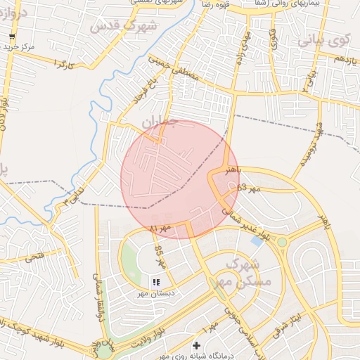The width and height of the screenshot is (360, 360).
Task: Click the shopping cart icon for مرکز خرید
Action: pos(11,36)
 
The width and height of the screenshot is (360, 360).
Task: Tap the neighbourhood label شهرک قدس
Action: pos(116,27)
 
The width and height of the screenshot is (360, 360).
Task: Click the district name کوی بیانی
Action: pos(323,40)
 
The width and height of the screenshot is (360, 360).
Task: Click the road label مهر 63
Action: pos(249,188)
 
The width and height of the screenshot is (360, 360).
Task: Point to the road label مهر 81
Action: pos(160,228)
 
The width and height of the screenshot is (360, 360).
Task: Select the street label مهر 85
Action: pos(160,257)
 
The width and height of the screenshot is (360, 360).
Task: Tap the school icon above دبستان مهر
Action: pos(155,281)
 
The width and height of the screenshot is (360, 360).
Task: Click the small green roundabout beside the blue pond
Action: pos(282,243)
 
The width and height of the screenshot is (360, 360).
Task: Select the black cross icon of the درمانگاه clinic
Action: pos(196,345)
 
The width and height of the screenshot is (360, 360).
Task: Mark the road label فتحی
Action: pos(34,257)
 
